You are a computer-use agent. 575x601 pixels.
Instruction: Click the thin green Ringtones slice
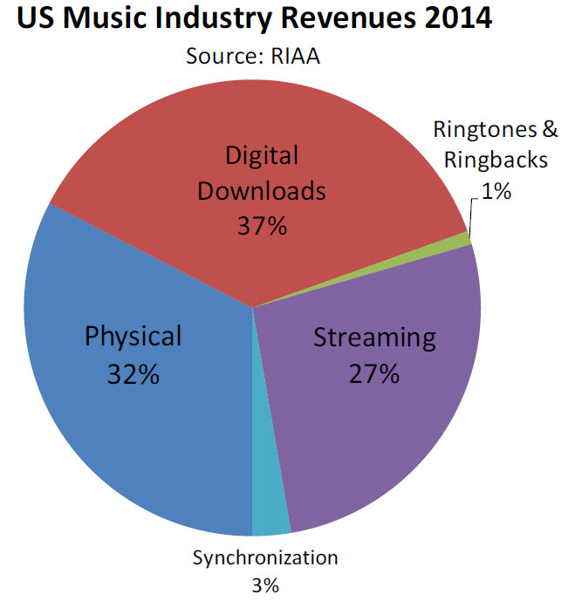point(465,238)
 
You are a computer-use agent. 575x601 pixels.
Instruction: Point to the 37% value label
point(262,226)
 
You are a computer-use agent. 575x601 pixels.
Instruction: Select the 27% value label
point(373,374)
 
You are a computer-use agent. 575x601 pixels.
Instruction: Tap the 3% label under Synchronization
point(264,584)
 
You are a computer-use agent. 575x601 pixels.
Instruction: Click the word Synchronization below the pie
point(264,559)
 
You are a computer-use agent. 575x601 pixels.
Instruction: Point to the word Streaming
point(373,338)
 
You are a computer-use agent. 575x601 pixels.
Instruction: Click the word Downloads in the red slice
point(262,190)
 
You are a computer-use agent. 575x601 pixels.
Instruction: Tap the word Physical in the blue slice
point(133,336)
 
